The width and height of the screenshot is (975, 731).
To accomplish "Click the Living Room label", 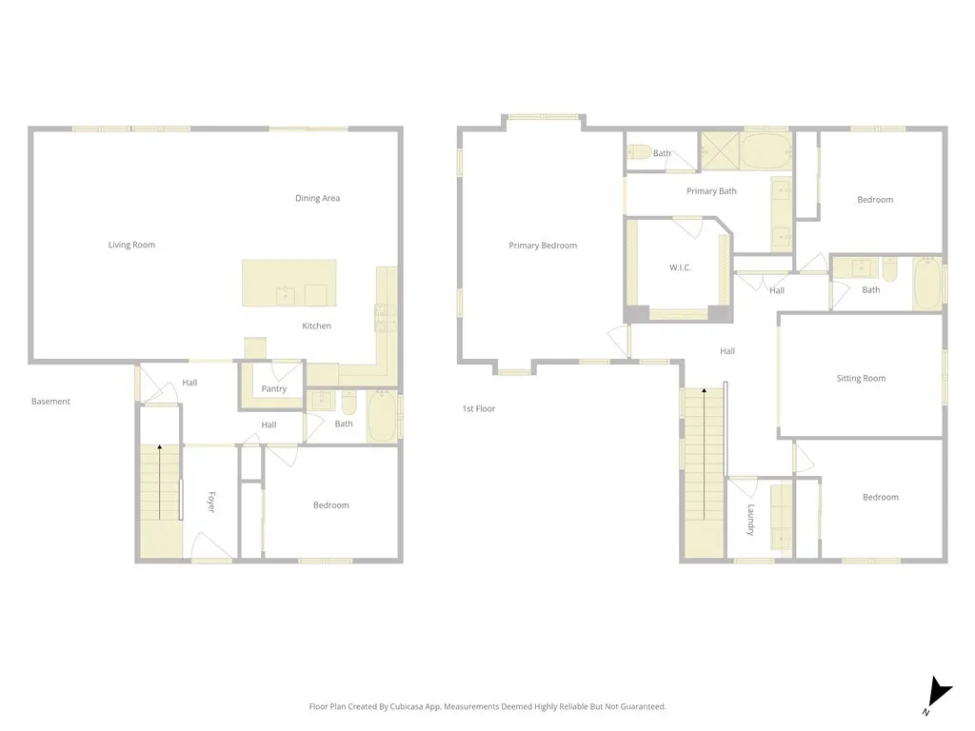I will click(x=131, y=245).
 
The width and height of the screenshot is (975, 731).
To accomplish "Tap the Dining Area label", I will click(x=317, y=198).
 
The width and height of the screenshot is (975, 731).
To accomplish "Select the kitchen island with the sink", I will click(x=289, y=283).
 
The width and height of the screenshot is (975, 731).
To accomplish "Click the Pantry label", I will click(x=274, y=388).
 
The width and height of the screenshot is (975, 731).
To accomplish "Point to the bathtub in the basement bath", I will click(x=383, y=416).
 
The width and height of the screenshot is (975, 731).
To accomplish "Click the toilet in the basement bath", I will click(x=348, y=403).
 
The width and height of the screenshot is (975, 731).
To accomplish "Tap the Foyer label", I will click(x=211, y=503).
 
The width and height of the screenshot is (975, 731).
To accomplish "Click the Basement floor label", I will click(x=50, y=402).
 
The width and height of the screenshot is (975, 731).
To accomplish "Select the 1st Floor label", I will click(x=479, y=409).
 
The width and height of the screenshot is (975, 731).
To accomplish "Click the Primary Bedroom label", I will click(x=543, y=246).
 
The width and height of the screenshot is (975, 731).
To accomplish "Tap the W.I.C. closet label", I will click(x=680, y=267).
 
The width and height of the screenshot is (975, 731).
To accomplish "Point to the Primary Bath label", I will click(x=711, y=191).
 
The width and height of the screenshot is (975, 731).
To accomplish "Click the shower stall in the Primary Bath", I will click(x=720, y=150).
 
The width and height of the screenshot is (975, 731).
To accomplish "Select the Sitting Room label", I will click(x=861, y=378).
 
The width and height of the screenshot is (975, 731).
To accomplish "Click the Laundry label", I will click(x=750, y=520).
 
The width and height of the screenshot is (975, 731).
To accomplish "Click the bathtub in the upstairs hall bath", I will click(x=927, y=284).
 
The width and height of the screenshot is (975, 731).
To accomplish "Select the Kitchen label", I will click(x=317, y=326).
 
